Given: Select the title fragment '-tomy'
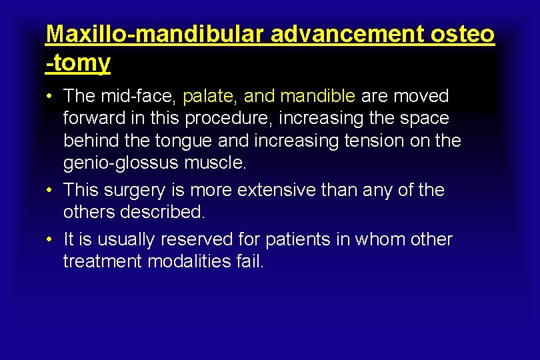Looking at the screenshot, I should tap(78, 63).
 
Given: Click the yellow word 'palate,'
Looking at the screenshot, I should tap(210, 96).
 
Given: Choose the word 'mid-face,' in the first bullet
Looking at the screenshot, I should tap(138, 96).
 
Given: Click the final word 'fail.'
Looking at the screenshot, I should tap(250, 261).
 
